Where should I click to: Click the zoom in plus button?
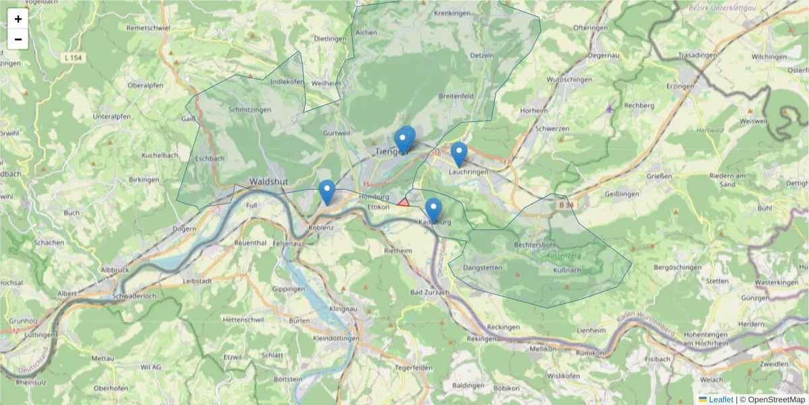pyautogui.click(x=18, y=19)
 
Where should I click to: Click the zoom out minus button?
pyautogui.click(x=18, y=39)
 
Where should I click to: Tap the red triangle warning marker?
pyautogui.click(x=403, y=202)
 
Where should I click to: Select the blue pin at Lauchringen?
pyautogui.click(x=459, y=155)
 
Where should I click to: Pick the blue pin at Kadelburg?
pyautogui.click(x=433, y=210)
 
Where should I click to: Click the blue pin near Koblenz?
pyautogui.click(x=327, y=192)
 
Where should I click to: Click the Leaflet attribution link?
pyautogui.click(x=721, y=400)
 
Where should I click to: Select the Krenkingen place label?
pyautogui.click(x=452, y=13)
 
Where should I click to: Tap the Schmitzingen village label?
pyautogui.click(x=249, y=110)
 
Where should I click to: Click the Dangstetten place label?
pyautogui.click(x=483, y=268)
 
